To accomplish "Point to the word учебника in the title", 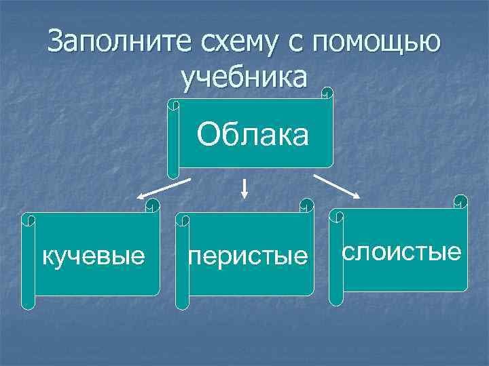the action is [244, 77].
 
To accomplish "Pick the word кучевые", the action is [94, 256].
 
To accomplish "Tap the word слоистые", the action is [402, 252].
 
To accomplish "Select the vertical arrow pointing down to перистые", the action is [244, 188].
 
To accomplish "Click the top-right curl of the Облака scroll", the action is [327, 93].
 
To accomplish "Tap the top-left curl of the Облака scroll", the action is [173, 105].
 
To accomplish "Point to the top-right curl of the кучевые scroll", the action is [153, 206].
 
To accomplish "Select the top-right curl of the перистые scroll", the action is [308, 206].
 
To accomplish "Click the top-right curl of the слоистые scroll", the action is [461, 202].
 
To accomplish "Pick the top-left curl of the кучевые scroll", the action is [28, 219].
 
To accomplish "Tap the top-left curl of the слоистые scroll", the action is [336, 216].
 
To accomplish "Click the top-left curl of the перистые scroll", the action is [182, 219].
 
